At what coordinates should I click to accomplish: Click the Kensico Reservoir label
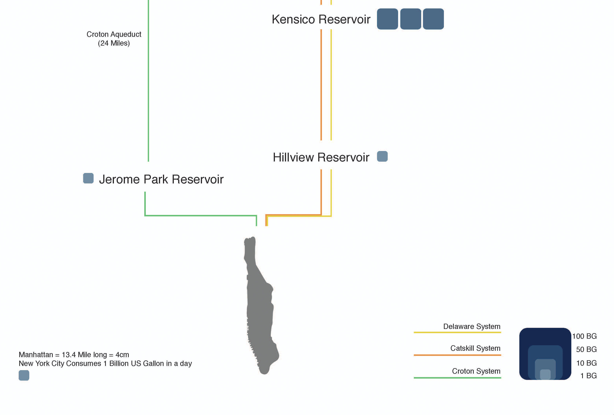click(321, 19)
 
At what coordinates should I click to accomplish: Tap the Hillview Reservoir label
click(321, 157)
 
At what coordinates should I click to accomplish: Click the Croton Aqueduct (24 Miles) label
click(114, 39)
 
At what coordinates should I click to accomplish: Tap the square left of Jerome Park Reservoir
click(88, 178)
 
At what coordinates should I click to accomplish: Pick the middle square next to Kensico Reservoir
click(410, 19)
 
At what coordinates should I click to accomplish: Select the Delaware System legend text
click(472, 327)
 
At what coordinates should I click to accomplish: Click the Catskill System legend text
click(475, 348)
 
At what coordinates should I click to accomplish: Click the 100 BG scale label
click(584, 336)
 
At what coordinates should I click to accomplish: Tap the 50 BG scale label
click(586, 349)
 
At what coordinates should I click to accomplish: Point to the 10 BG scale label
click(586, 363)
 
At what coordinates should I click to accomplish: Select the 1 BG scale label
click(588, 376)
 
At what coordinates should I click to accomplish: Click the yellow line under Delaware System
click(457, 332)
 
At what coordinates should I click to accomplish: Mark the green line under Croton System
click(457, 378)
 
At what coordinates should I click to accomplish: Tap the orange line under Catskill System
click(457, 355)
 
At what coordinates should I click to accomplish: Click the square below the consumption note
click(24, 375)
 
